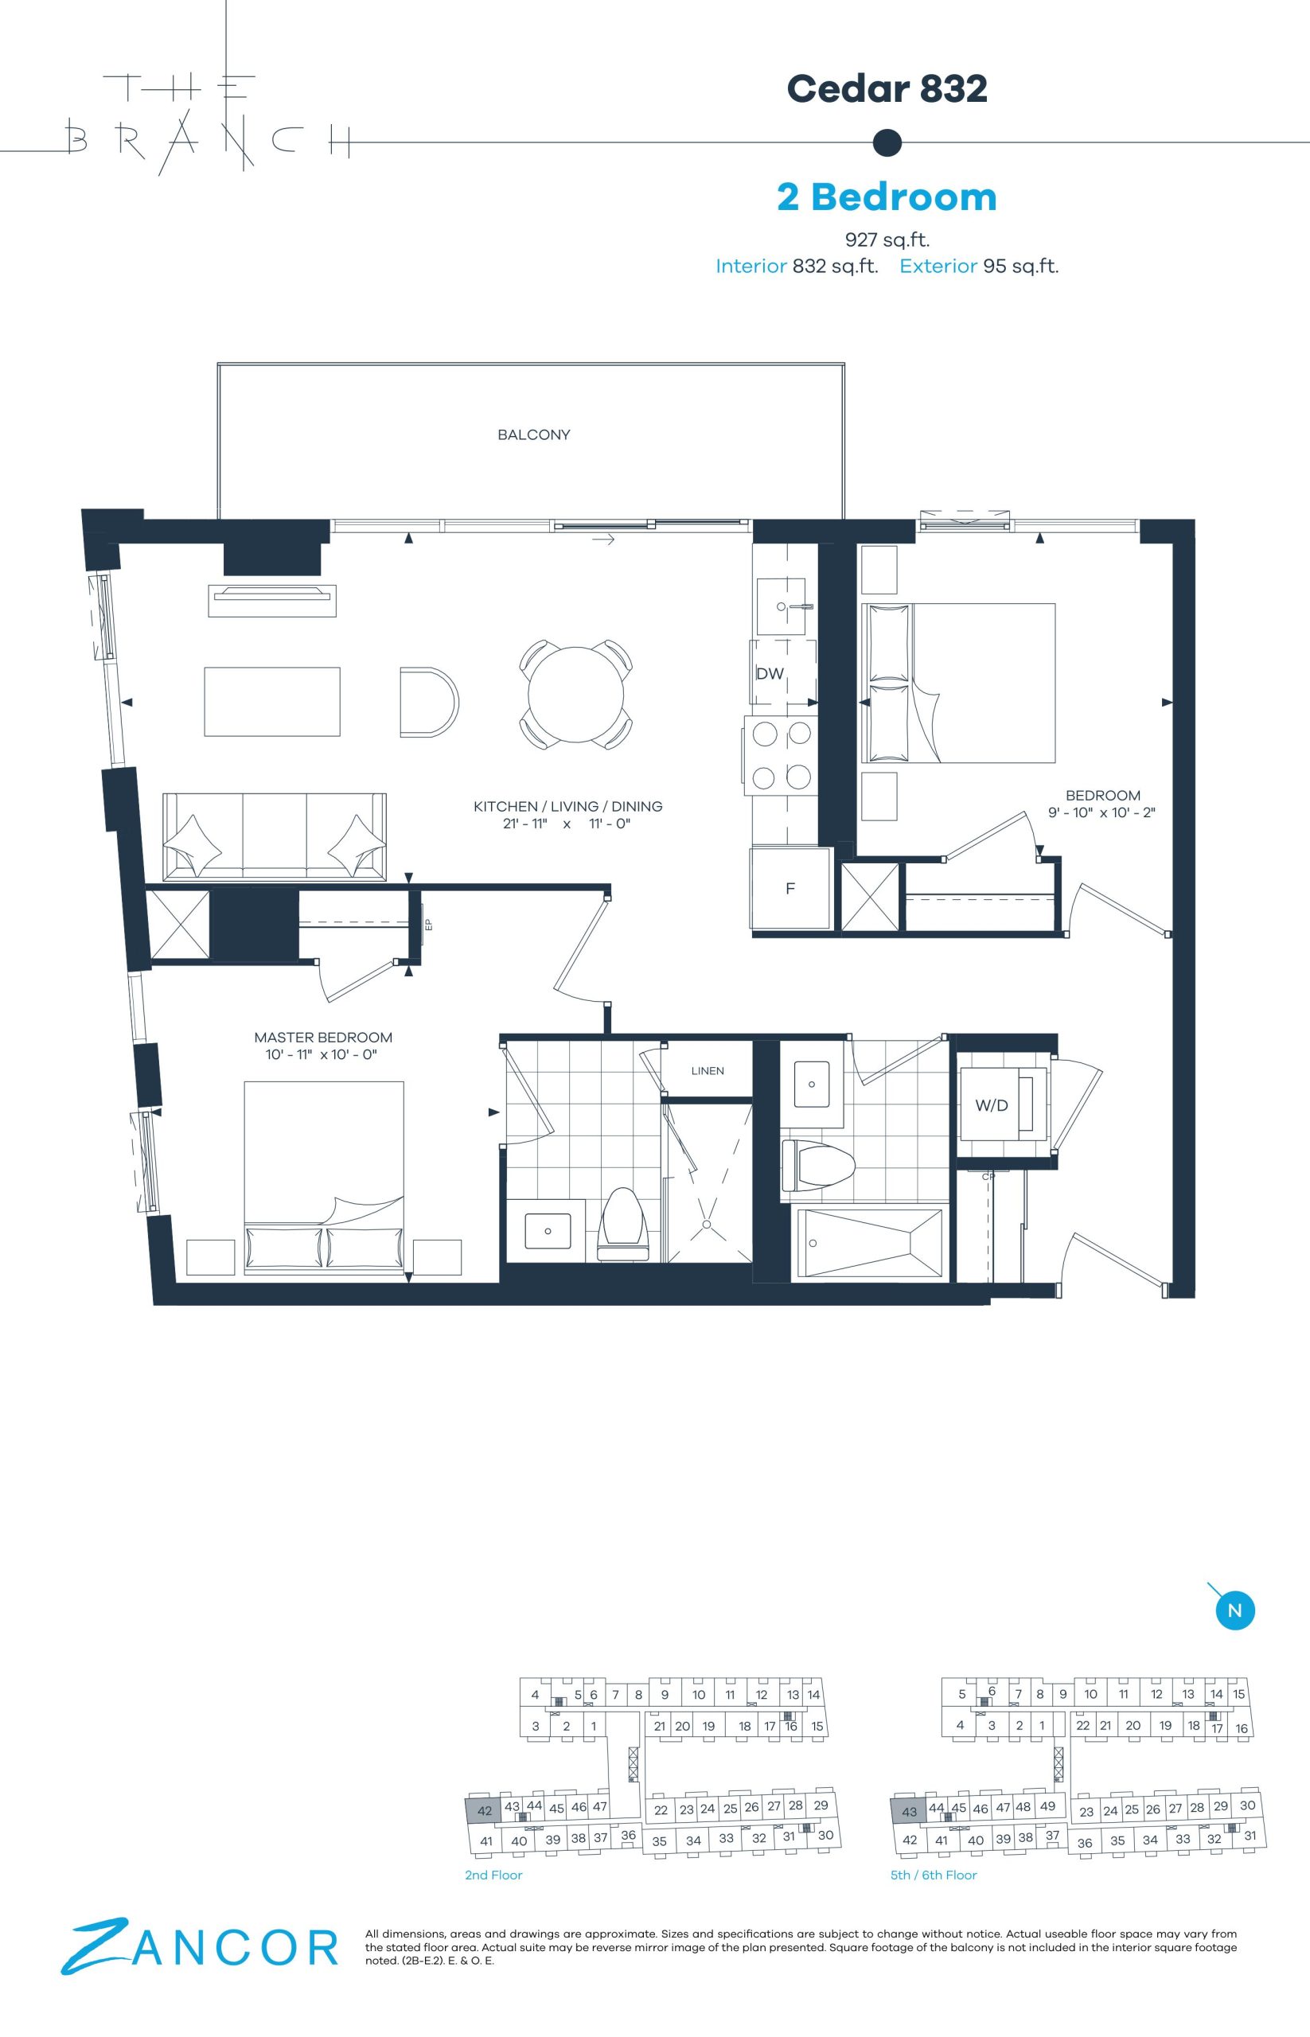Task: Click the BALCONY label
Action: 533,434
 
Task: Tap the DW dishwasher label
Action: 770,674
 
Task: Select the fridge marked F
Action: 790,889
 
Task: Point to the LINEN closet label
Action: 708,1071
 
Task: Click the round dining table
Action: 577,694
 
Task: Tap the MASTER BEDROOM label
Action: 323,1038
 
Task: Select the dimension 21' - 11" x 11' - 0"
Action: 567,824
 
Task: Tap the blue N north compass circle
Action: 1235,1610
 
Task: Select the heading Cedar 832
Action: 887,88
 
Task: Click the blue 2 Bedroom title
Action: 887,197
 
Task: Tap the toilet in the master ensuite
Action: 623,1225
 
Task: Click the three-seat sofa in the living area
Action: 274,837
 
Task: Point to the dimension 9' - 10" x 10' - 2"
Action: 1101,812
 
